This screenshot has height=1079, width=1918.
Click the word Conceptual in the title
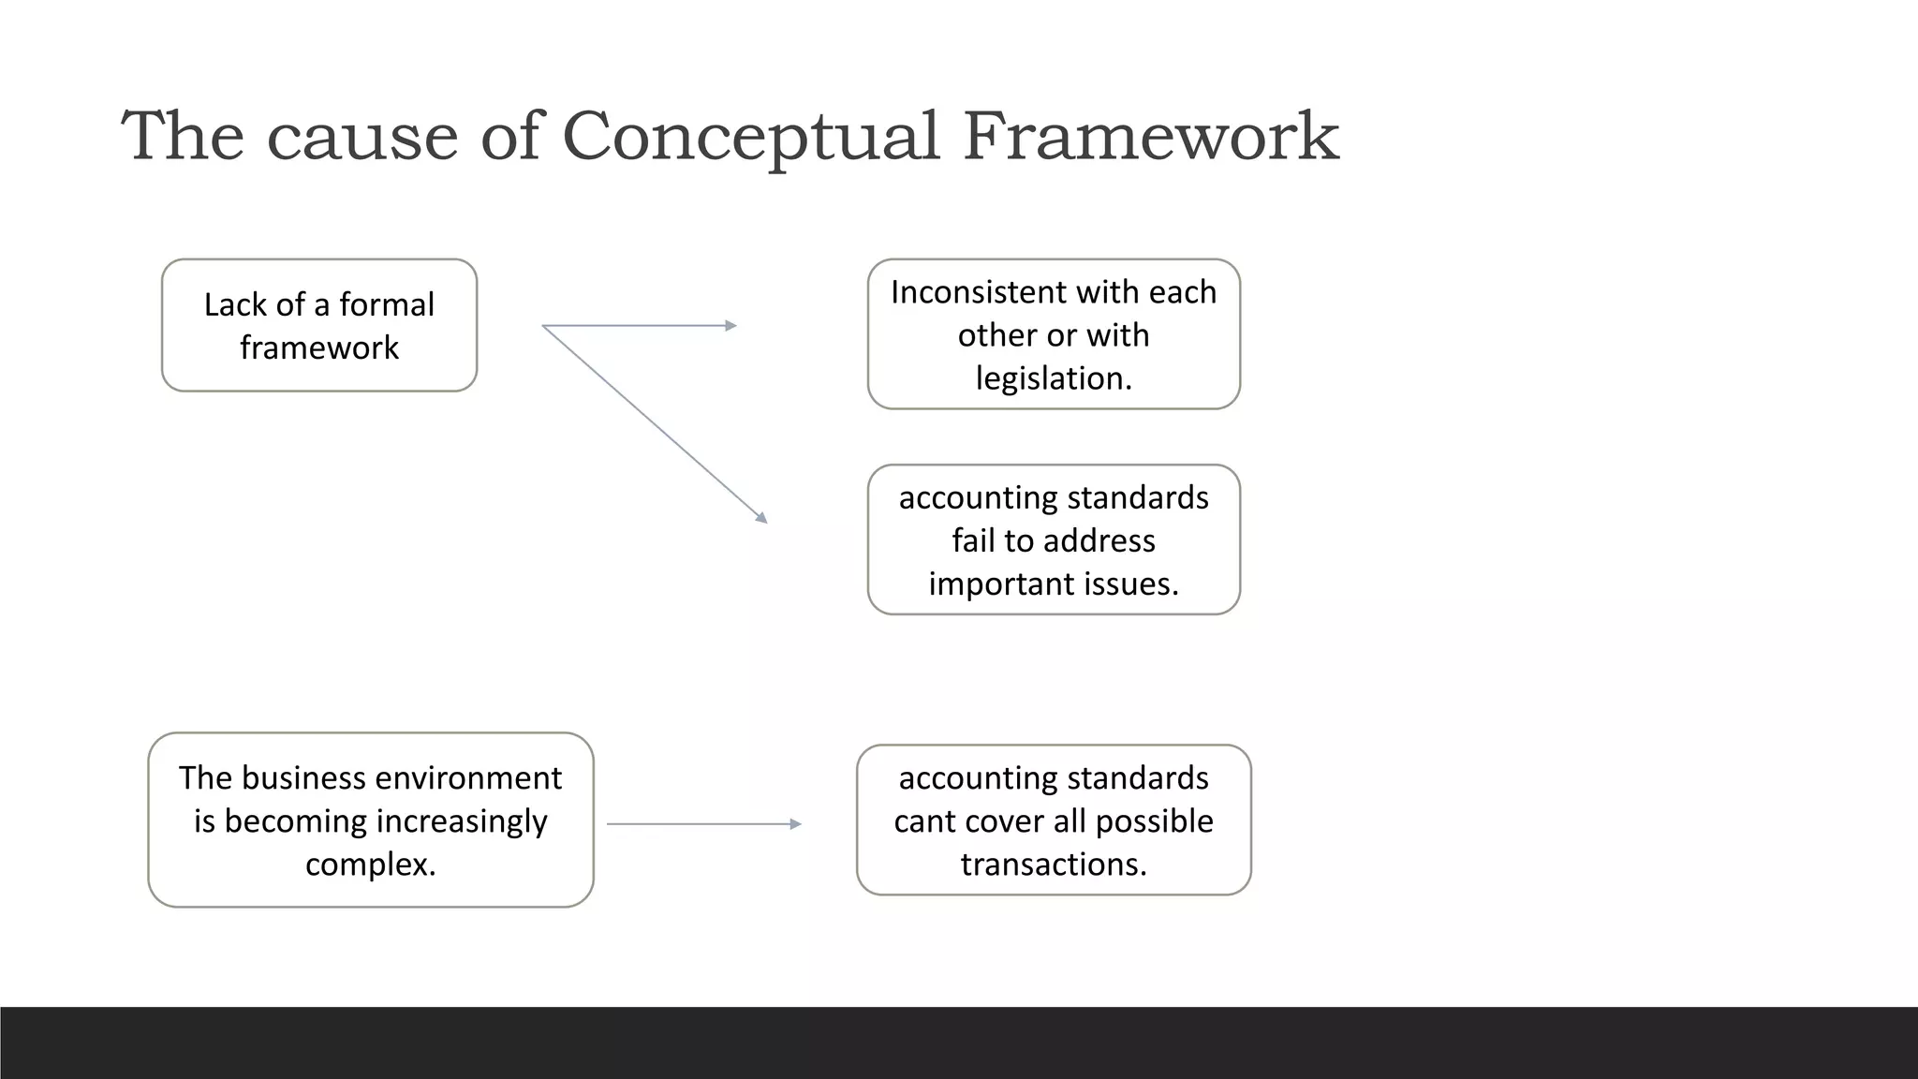click(x=750, y=137)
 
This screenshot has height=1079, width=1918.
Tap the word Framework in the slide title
click(x=1151, y=137)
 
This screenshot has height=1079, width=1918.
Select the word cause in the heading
click(x=362, y=137)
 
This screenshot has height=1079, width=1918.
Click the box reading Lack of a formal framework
click(x=319, y=325)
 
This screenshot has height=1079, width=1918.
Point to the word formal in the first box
click(x=386, y=304)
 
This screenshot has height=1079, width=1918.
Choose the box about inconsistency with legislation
click(x=1054, y=334)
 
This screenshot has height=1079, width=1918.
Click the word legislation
click(x=1054, y=378)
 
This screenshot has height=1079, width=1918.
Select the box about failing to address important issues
click(x=1054, y=539)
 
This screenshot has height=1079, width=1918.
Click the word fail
click(x=973, y=540)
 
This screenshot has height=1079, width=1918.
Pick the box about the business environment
click(x=371, y=820)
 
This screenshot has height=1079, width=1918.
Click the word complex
click(x=370, y=864)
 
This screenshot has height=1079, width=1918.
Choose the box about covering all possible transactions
click(x=1054, y=820)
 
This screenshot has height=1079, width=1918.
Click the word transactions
click(x=1054, y=864)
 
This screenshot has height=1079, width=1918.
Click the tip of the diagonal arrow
click(x=763, y=519)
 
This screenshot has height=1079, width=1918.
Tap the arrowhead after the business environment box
click(x=796, y=824)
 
